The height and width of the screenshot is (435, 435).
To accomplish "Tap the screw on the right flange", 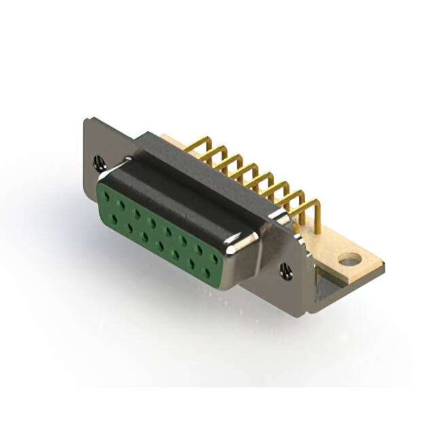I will pyautogui.click(x=285, y=272).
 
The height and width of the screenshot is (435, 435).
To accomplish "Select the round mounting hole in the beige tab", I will pyautogui.click(x=349, y=259).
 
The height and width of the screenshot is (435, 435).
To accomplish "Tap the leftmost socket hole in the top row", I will pyautogui.click(x=107, y=196).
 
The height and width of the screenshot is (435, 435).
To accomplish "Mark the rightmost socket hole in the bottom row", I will pyautogui.click(x=207, y=273).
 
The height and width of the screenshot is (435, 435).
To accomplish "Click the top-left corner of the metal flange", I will pyautogui.click(x=86, y=121).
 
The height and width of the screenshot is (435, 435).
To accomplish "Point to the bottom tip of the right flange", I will pyautogui.click(x=309, y=311).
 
